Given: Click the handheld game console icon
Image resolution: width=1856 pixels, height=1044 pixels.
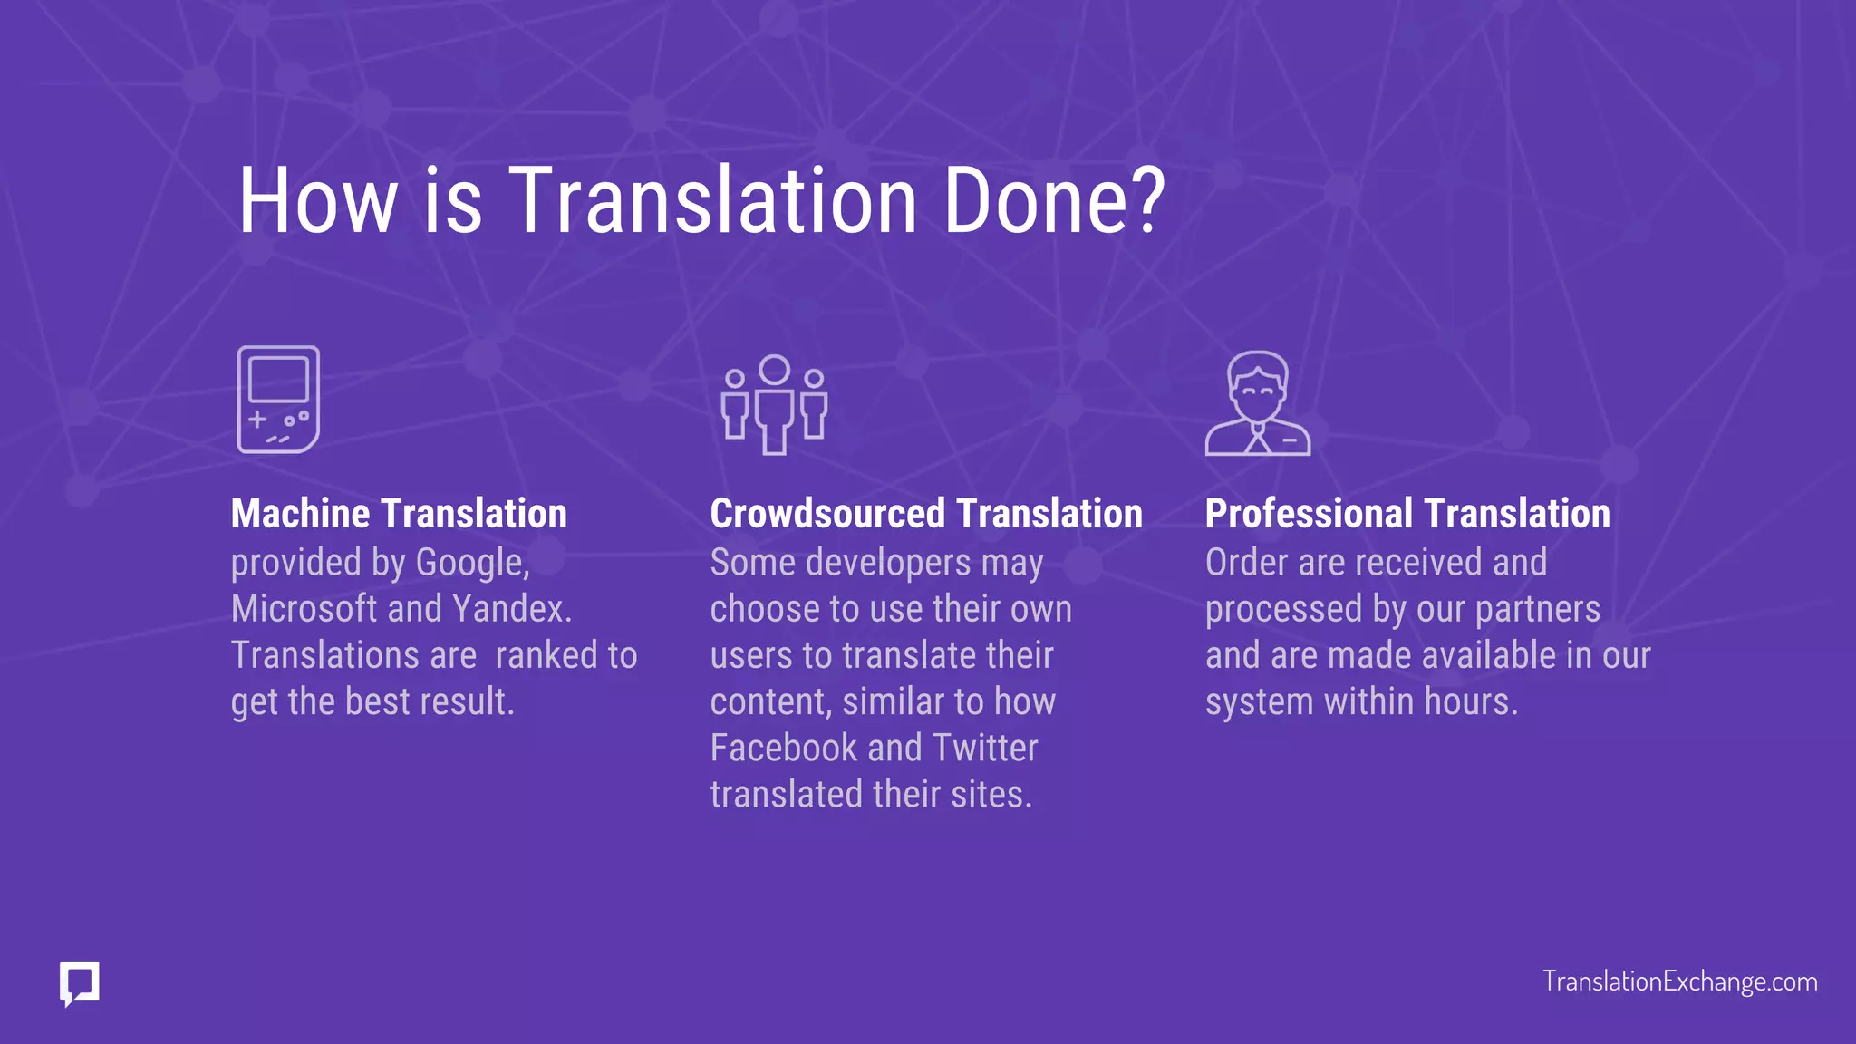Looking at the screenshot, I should pyautogui.click(x=278, y=400).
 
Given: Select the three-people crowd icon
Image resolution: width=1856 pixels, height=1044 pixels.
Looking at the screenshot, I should pyautogui.click(x=774, y=404).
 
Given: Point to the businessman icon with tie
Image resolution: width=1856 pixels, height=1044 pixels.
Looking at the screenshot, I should pyautogui.click(x=1257, y=403).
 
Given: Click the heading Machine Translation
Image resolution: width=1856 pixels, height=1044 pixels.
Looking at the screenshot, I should pyautogui.click(x=399, y=514).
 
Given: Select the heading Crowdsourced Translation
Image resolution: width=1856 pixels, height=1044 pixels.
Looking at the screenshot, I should pyautogui.click(x=925, y=514).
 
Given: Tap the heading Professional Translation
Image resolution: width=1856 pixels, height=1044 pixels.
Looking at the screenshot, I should pyautogui.click(x=1406, y=514).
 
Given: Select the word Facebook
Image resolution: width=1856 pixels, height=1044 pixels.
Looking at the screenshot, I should pyautogui.click(x=783, y=749).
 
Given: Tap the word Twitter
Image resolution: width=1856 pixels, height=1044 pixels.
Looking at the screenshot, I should pyautogui.click(x=984, y=749).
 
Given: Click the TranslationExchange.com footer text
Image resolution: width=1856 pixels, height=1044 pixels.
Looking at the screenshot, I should pyautogui.click(x=1679, y=981).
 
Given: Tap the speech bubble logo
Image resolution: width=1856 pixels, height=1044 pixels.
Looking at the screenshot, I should pyautogui.click(x=80, y=982).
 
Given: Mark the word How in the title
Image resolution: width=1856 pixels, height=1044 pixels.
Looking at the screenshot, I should pyautogui.click(x=317, y=201).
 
